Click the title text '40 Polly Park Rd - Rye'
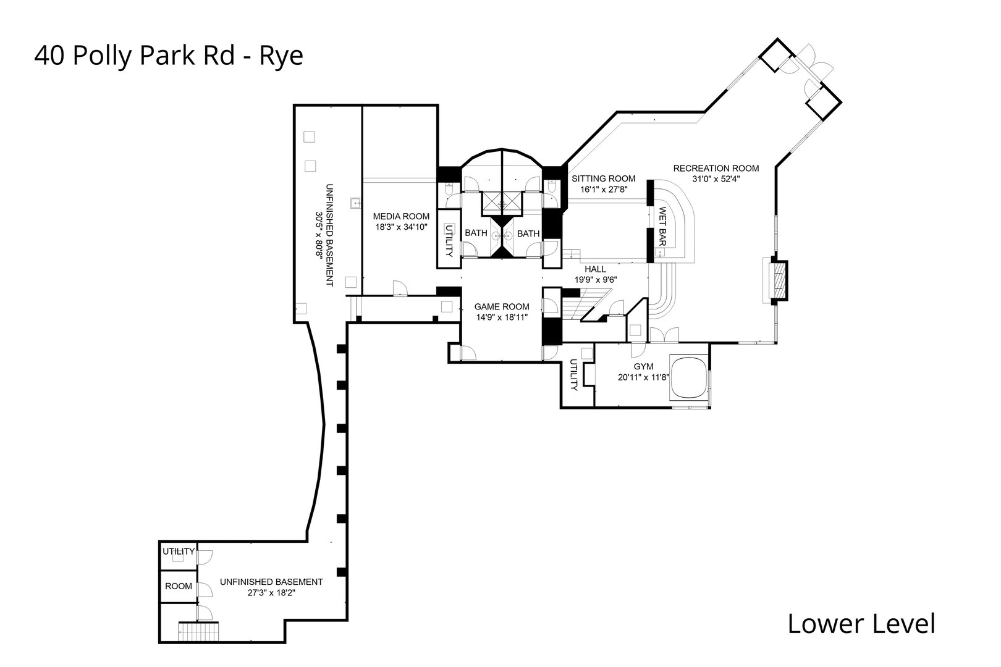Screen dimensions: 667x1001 [169, 56]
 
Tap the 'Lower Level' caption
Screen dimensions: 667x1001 [861, 624]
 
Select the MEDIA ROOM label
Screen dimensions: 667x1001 [400, 216]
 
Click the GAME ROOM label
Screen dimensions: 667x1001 [501, 306]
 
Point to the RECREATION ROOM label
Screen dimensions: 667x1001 [716, 168]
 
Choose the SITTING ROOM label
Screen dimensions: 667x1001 [603, 178]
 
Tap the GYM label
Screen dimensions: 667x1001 [643, 366]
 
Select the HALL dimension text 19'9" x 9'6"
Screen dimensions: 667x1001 [595, 279]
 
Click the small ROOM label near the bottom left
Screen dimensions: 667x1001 [178, 586]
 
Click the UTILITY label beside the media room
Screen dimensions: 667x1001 [449, 240]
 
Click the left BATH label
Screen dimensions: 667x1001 [476, 233]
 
